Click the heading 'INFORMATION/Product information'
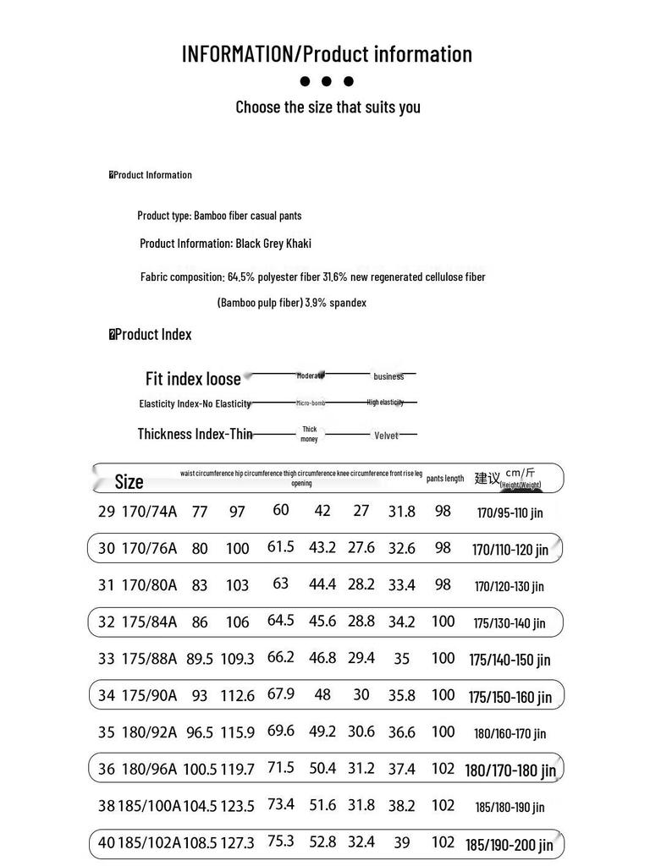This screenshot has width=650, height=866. point(327,54)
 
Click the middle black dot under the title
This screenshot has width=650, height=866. point(327,82)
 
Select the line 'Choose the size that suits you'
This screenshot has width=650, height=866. point(328,107)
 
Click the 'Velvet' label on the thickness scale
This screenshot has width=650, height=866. point(386,436)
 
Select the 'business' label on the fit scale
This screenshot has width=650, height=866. point(388,376)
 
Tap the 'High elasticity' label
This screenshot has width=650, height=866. point(385,403)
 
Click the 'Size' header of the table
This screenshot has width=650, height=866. point(129,482)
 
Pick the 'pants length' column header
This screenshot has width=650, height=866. point(445,479)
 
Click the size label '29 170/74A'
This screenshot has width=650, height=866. point(138,512)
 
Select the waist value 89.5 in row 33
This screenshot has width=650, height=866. point(199,659)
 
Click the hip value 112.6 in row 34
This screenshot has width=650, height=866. point(238,696)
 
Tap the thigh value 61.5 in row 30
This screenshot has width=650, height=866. point(280,547)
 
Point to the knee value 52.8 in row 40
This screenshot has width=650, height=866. point(322,842)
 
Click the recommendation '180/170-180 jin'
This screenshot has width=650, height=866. point(510,770)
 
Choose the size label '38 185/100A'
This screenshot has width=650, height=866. point(140,806)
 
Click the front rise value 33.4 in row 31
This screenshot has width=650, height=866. point(401,585)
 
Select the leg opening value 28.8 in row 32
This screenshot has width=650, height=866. point(361,622)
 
